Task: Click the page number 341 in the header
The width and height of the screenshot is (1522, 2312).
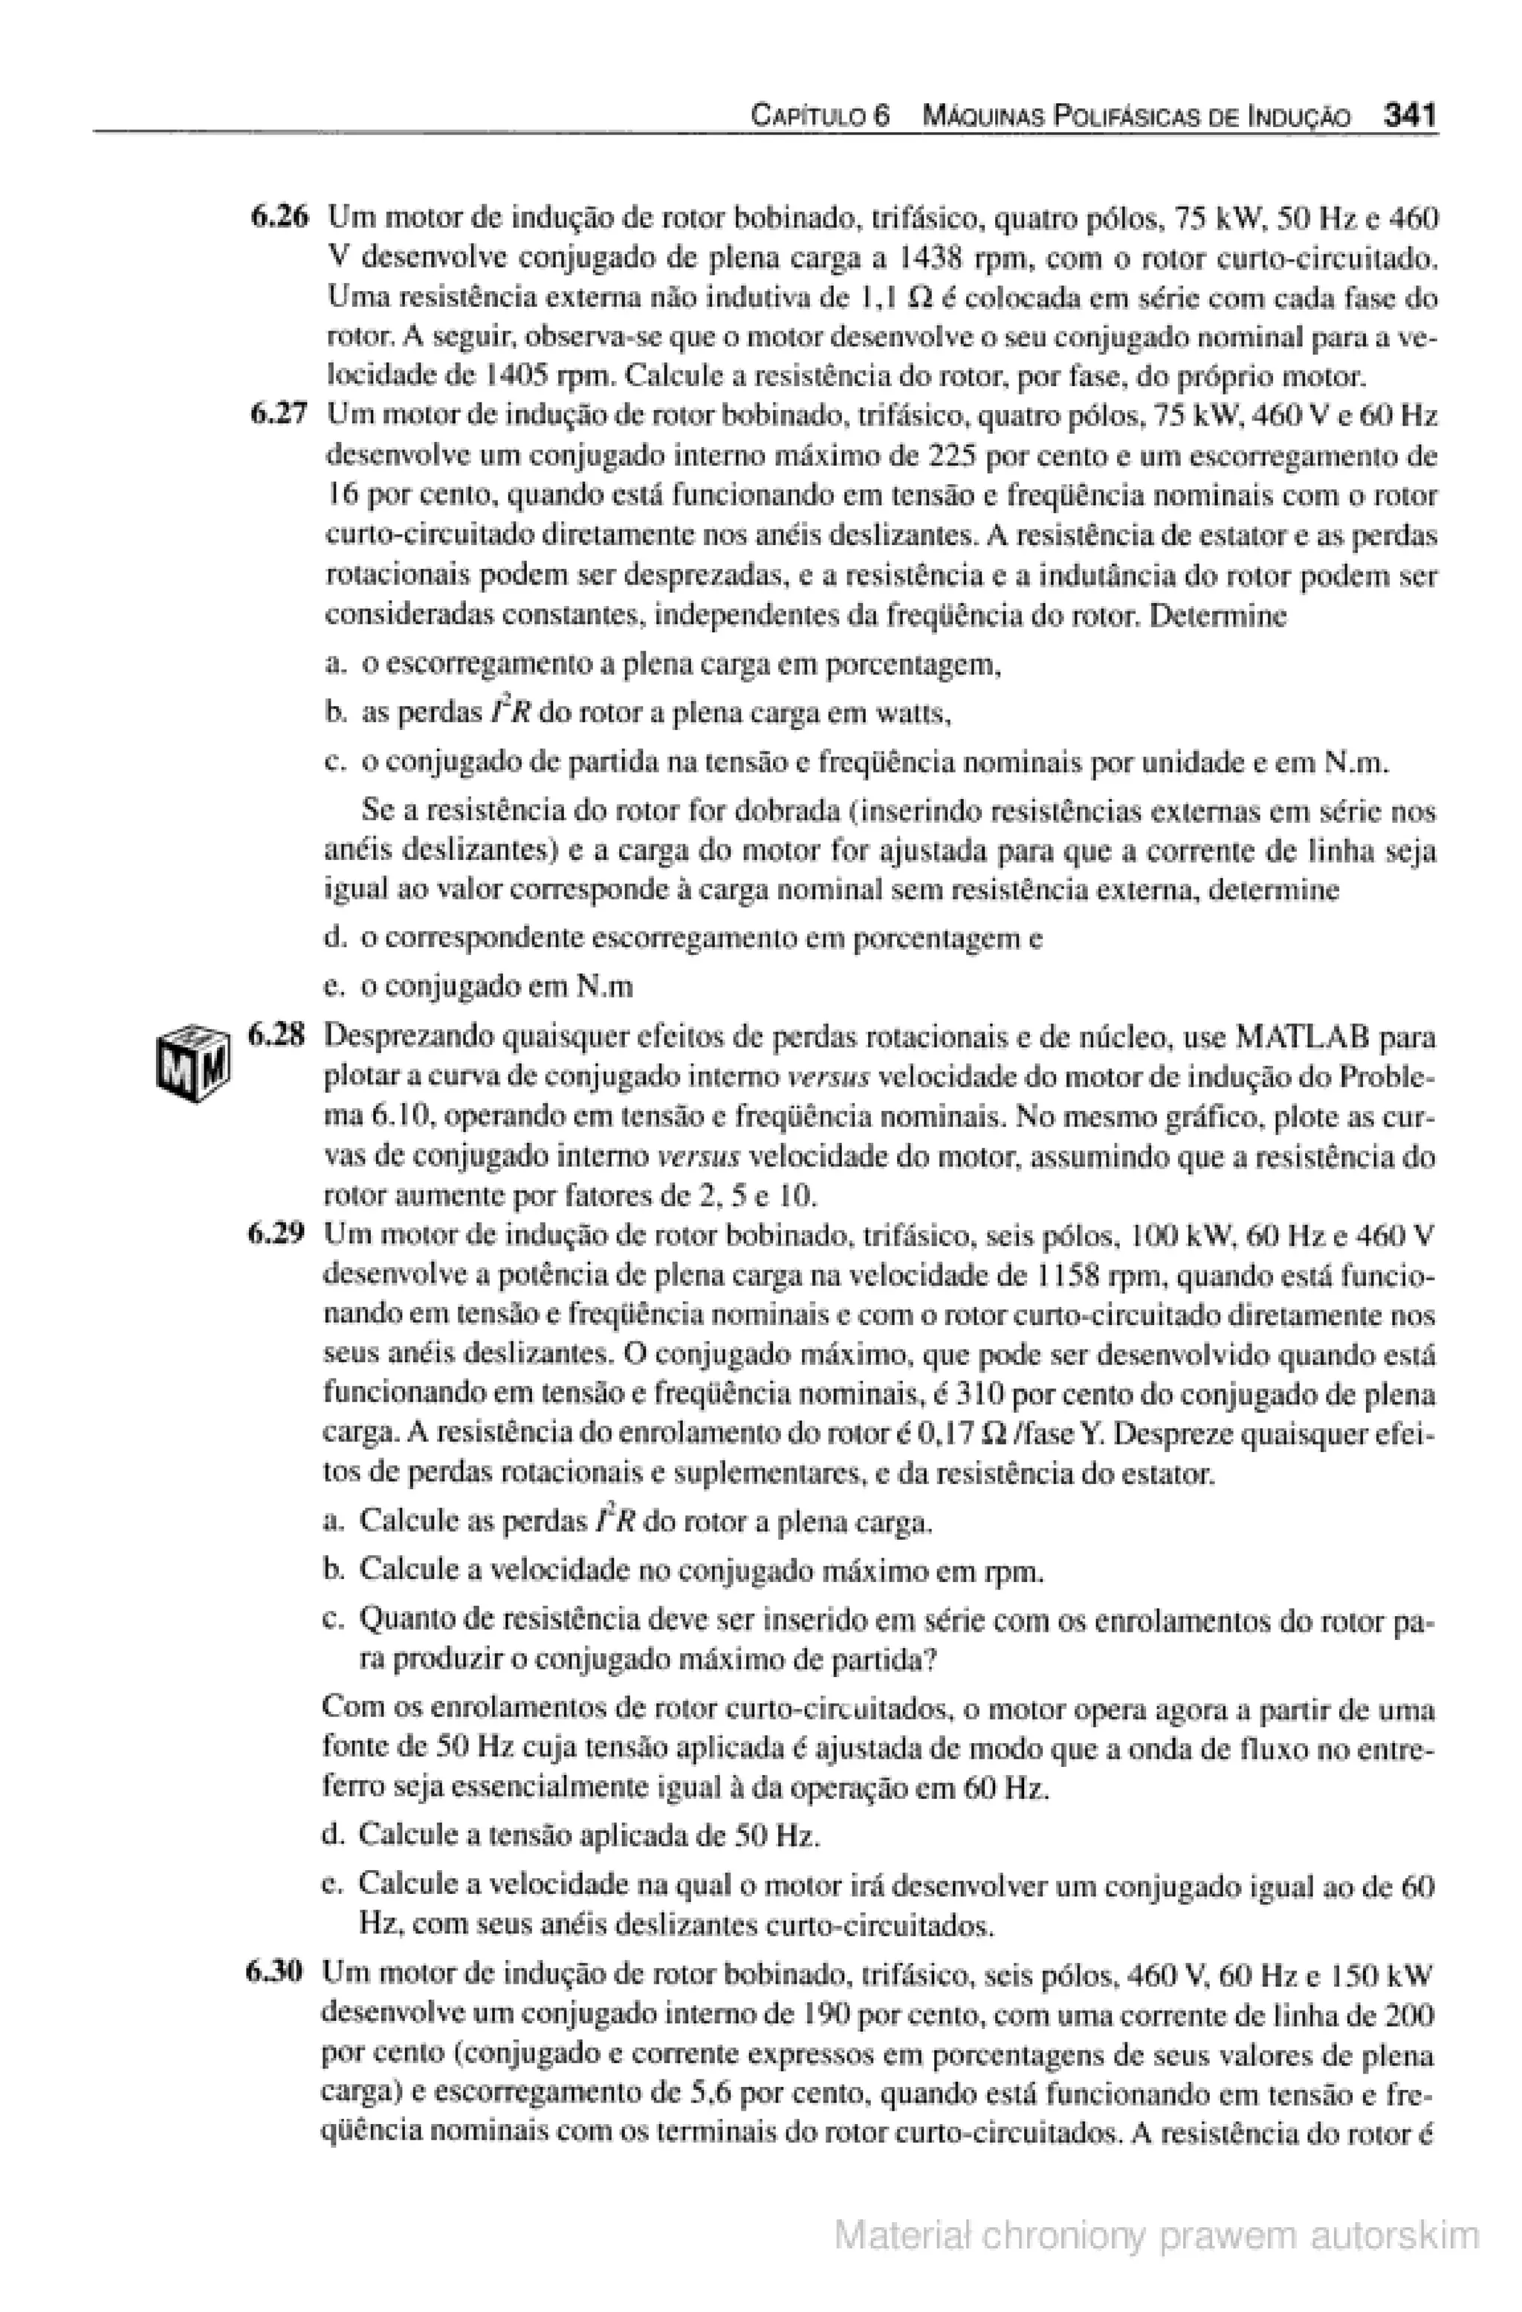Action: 1409,117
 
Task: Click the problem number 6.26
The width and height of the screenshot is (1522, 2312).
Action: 278,218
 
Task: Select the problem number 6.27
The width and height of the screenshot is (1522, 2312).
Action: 278,416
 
